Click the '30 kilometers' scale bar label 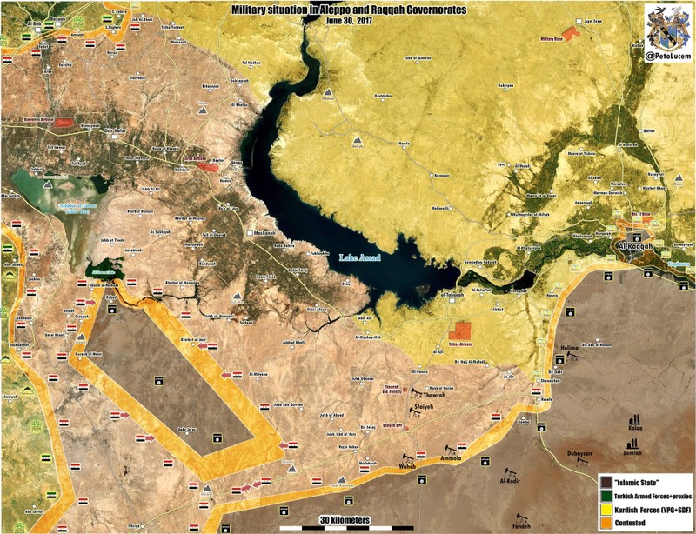point(343,520)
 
